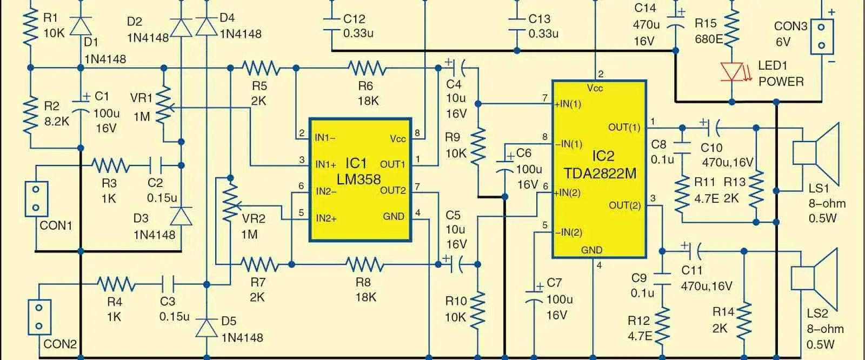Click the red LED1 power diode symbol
pyautogui.click(x=732, y=71)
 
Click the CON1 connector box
pyautogui.click(x=36, y=198)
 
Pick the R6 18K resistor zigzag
pyautogui.click(x=367, y=68)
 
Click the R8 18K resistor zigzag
pyautogui.click(x=365, y=264)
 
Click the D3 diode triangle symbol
pyautogui.click(x=181, y=216)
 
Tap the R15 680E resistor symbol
pyautogui.click(x=731, y=30)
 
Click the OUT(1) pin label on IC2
pyautogui.click(x=624, y=128)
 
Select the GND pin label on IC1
pyautogui.click(x=394, y=216)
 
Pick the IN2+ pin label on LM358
pyautogui.click(x=327, y=218)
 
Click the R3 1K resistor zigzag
pyautogui.click(x=110, y=164)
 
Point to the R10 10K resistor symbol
pyautogui.click(x=478, y=310)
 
